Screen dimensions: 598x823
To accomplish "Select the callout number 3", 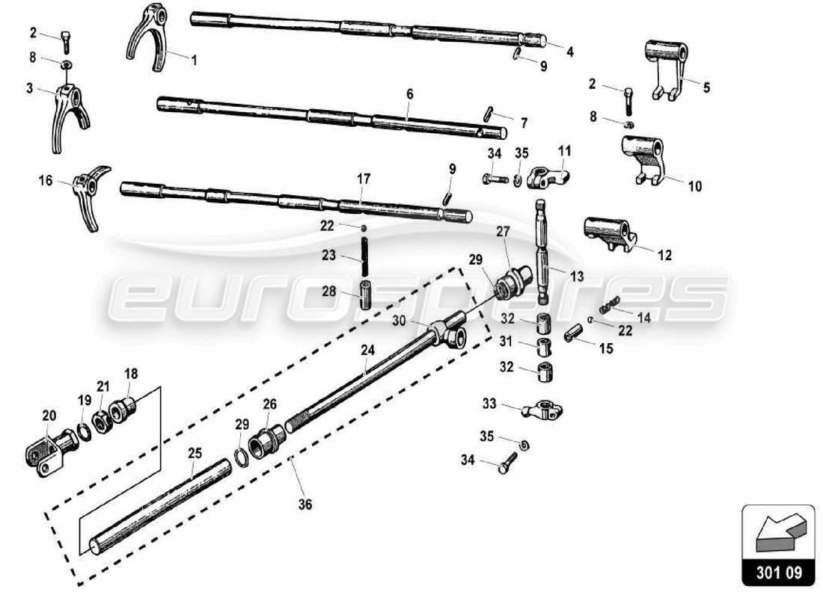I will pyautogui.click(x=29, y=88).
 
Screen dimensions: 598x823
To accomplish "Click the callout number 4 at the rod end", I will pyautogui.click(x=570, y=52).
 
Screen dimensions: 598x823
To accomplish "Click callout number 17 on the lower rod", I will pyautogui.click(x=364, y=179).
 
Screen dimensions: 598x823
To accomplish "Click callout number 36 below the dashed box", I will pyautogui.click(x=305, y=505).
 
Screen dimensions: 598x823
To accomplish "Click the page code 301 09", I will pyautogui.click(x=778, y=574).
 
